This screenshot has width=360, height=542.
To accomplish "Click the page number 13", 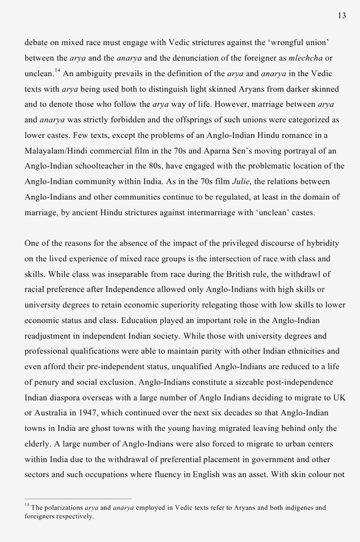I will pos(341,16).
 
